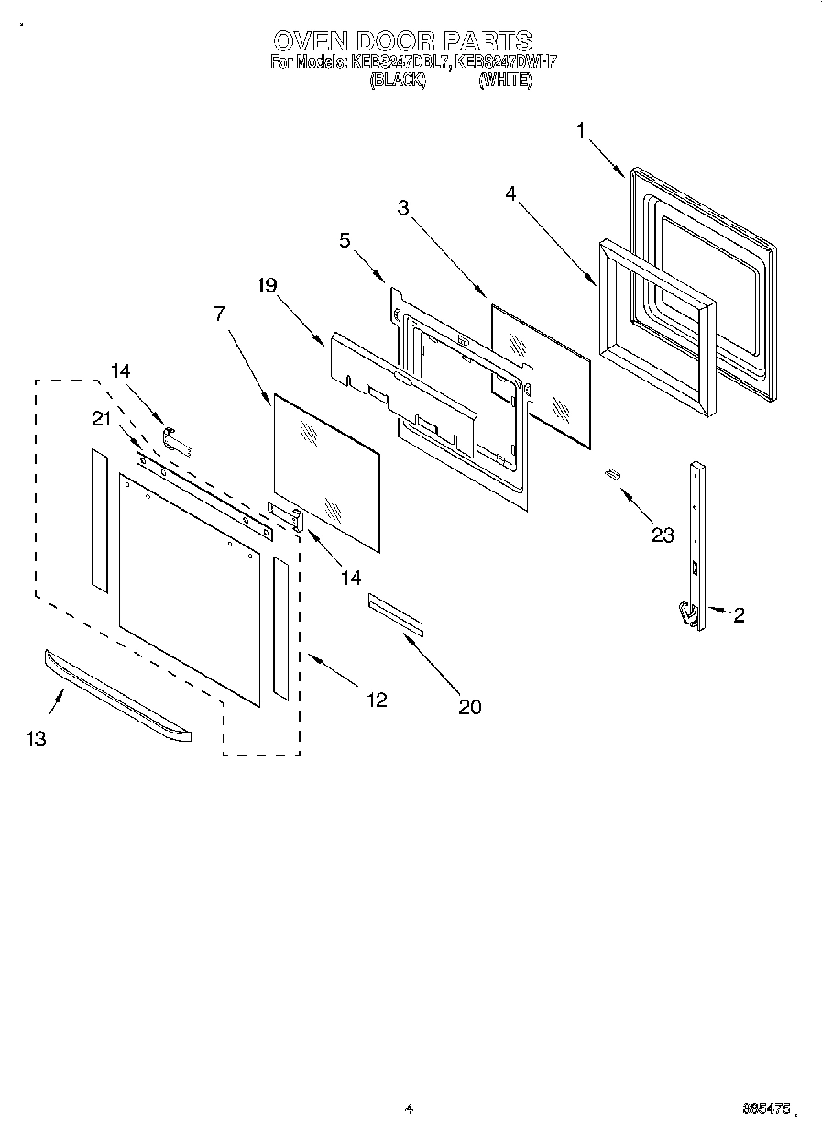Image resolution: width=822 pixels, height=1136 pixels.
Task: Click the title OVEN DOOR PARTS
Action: pyautogui.click(x=403, y=40)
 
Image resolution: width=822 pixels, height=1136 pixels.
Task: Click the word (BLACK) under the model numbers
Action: pyautogui.click(x=397, y=81)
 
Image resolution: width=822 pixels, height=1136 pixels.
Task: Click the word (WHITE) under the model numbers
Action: pyautogui.click(x=504, y=81)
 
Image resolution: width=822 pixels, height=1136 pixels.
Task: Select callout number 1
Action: pyautogui.click(x=580, y=130)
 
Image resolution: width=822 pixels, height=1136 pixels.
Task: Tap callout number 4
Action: pyautogui.click(x=510, y=193)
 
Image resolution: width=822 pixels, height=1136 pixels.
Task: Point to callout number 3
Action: pyautogui.click(x=402, y=207)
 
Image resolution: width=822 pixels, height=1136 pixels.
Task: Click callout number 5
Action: pyautogui.click(x=344, y=240)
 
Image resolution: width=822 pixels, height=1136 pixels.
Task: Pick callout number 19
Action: pyautogui.click(x=266, y=285)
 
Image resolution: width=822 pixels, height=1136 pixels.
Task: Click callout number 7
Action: pyautogui.click(x=219, y=313)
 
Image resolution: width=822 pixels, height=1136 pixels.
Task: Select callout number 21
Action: pyautogui.click(x=102, y=418)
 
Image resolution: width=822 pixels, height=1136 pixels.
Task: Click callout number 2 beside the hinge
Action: pyautogui.click(x=738, y=615)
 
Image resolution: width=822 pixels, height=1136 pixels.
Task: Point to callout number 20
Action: pyautogui.click(x=470, y=706)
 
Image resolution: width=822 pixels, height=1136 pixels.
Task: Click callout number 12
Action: pyautogui.click(x=377, y=700)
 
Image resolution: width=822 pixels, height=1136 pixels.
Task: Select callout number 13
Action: pyautogui.click(x=37, y=739)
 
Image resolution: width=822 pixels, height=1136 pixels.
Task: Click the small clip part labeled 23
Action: pyautogui.click(x=612, y=473)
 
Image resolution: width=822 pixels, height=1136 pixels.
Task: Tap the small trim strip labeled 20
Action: pyautogui.click(x=396, y=613)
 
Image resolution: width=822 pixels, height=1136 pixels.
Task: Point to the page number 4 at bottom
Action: pyautogui.click(x=410, y=1109)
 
